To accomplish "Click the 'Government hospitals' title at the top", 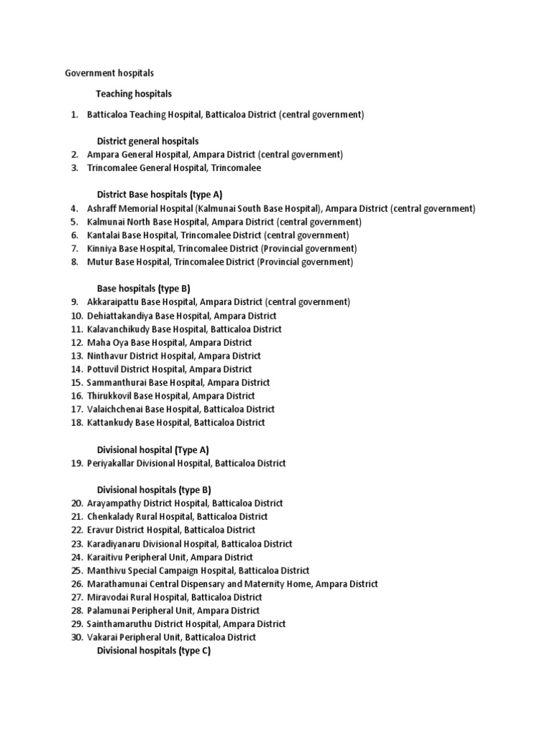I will click(110, 73).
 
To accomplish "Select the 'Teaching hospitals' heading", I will click(134, 94).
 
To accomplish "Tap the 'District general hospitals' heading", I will click(148, 141).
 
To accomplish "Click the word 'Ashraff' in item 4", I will click(102, 208).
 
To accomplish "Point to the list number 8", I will click(74, 262).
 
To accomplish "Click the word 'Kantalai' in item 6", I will click(103, 235).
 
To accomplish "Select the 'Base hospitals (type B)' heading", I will click(143, 288).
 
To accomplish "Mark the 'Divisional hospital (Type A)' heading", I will click(153, 450).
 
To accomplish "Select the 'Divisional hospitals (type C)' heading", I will click(153, 651).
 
